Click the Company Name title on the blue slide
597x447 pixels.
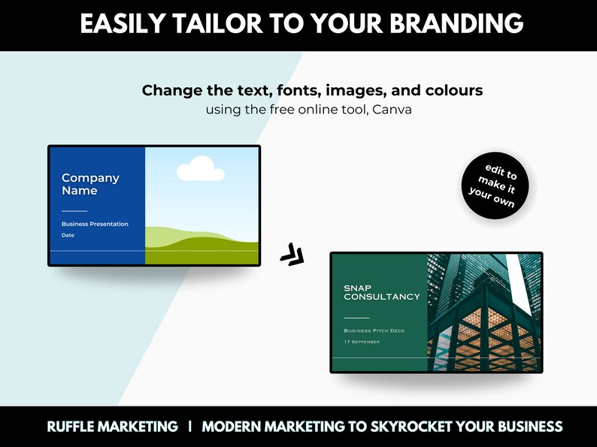pyautogui.click(x=90, y=184)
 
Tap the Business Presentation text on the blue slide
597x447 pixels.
pyautogui.click(x=95, y=224)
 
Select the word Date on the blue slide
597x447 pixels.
pyautogui.click(x=68, y=235)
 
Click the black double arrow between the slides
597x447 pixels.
pyautogui.click(x=292, y=255)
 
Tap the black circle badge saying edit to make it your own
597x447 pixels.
pyautogui.click(x=495, y=187)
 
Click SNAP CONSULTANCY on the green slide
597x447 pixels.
pyautogui.click(x=381, y=292)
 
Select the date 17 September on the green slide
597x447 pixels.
pyautogui.click(x=362, y=342)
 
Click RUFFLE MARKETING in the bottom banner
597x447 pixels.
pyautogui.click(x=113, y=427)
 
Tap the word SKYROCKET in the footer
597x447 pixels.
pyautogui.click(x=409, y=427)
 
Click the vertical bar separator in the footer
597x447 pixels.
pyautogui.click(x=190, y=427)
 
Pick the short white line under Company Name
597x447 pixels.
pyautogui.click(x=74, y=211)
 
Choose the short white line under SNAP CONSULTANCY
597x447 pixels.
pyautogui.click(x=356, y=318)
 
